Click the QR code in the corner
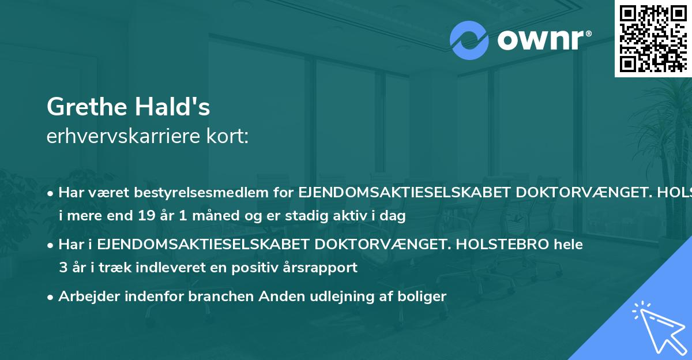653,38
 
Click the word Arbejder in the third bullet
86,297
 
